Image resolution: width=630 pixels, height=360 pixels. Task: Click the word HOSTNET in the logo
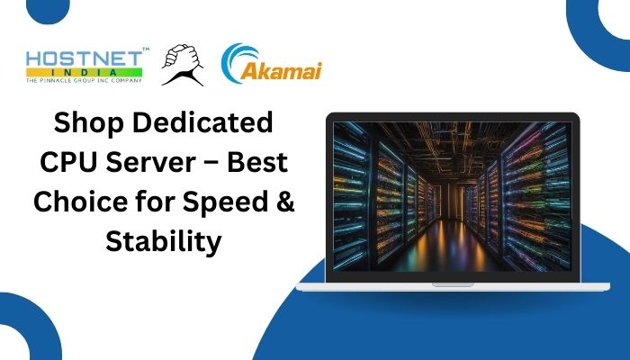pos(84,59)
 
